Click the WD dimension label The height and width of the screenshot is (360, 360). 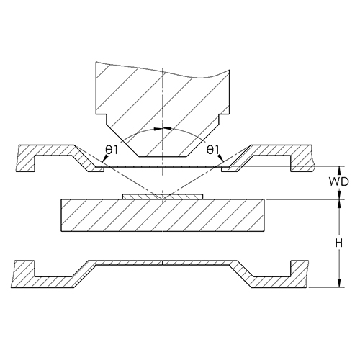338,182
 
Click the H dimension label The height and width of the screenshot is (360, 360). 339,244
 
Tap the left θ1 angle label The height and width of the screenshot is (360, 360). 112,150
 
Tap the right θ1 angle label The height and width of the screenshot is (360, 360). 212,150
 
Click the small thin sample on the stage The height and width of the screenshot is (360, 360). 163,197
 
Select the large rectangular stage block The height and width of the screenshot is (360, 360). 163,215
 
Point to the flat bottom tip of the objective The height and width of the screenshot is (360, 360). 163,157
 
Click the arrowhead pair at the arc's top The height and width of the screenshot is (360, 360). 163,129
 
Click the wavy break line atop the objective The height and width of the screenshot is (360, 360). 163,71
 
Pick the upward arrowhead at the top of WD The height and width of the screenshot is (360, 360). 339,170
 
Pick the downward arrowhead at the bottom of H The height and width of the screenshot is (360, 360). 339,283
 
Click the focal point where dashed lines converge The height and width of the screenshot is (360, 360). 163,199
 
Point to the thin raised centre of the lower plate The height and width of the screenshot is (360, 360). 163,263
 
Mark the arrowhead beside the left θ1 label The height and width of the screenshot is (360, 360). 104,158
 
